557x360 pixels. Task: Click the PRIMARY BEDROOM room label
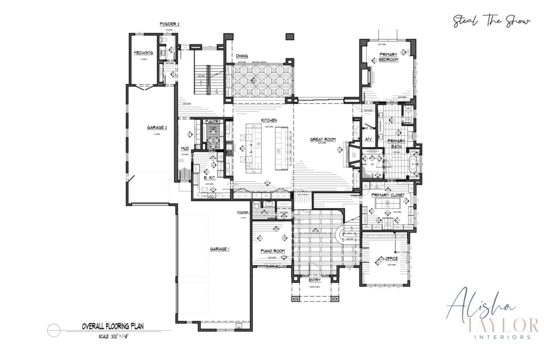[388, 57]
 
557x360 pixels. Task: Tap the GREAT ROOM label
[323, 139]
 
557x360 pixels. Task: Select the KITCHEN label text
[269, 120]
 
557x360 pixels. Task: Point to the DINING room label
[242, 56]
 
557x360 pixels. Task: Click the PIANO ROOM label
[273, 251]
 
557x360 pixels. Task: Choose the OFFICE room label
[391, 258]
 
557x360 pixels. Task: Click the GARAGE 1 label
[219, 249]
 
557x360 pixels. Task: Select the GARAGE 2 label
[156, 127]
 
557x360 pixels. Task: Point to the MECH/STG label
[143, 53]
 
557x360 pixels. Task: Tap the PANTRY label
[212, 122]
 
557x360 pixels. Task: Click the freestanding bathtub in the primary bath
[414, 166]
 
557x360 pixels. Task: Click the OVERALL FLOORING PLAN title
[113, 327]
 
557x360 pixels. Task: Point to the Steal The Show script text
[492, 21]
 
